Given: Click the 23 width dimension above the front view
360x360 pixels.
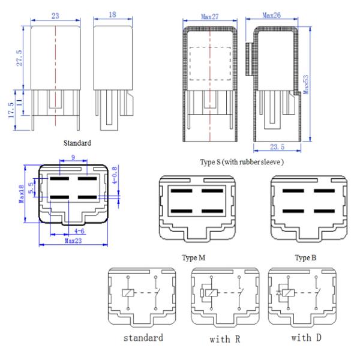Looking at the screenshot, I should [55, 17].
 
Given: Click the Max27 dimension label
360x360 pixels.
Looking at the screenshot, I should [211, 17].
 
